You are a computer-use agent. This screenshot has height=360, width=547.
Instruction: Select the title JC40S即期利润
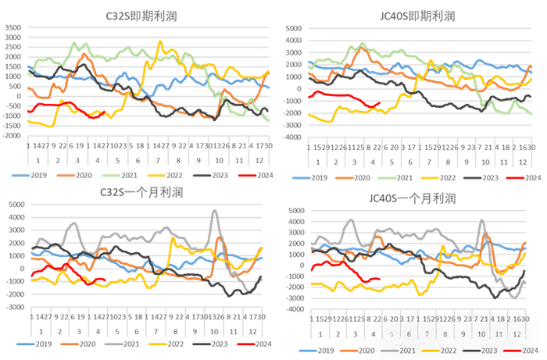coord(417,15)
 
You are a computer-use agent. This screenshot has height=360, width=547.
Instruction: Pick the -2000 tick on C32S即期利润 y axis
coord(13,135)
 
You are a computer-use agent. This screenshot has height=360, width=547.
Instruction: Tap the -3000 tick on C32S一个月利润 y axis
coord(13,307)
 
